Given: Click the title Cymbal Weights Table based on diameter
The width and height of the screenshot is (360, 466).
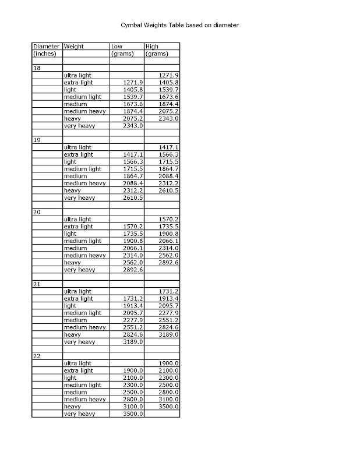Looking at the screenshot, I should coord(179,25).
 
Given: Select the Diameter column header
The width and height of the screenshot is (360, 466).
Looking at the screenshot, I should coord(46,46).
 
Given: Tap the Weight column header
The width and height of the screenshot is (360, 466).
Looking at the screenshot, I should coord(73,46).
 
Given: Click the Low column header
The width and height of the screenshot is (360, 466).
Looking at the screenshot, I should coord(117,46).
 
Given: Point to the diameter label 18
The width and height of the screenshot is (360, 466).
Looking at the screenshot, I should coord(37,68).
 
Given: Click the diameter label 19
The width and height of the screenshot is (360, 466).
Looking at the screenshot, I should coord(37,140).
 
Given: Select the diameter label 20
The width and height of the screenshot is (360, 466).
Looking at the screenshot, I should coord(37,212).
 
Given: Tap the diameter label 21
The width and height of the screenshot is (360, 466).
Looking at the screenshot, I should coord(37,284).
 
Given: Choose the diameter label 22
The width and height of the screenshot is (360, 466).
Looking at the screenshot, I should coord(37,356).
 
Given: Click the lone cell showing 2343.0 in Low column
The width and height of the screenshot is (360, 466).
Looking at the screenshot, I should coord(133,126).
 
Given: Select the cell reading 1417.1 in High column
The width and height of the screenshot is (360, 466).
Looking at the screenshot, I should coord(168,147).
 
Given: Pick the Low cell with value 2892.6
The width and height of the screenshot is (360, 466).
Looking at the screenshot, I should coord(133,270).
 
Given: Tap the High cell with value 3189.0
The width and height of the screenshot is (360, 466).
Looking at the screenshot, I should coord(168,334).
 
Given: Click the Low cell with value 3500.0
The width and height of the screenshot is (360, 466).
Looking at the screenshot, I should coord(133,414).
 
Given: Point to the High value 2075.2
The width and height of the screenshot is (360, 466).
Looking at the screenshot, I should coord(168,111).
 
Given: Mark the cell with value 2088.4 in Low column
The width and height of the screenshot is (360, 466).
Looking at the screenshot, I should coord(133,183).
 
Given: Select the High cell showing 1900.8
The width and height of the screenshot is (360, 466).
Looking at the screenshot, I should coord(168,234).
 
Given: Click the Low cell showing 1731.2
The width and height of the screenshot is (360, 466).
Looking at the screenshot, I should coord(133,298).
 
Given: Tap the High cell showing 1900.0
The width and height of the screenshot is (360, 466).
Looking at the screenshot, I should coord(168,363).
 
